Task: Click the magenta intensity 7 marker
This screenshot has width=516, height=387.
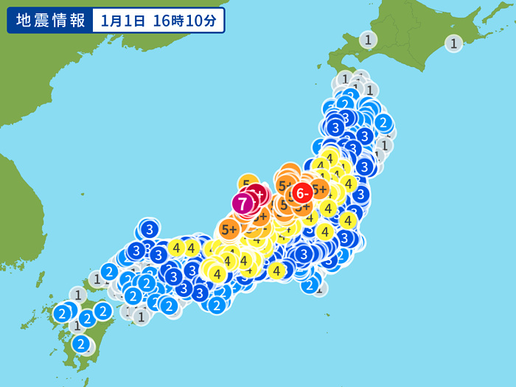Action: tap(243, 202)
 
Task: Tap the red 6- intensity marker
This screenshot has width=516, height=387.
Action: tap(301, 194)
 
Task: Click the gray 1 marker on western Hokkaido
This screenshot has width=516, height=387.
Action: tap(368, 40)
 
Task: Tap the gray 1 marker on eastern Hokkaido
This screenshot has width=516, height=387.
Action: tap(454, 43)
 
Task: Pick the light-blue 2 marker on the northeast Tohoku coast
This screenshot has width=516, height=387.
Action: tap(383, 122)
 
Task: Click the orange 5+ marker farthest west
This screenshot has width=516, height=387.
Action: tap(229, 229)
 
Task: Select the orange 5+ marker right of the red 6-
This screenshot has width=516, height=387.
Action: tap(319, 189)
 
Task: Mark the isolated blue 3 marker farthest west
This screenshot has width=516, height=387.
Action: tap(150, 229)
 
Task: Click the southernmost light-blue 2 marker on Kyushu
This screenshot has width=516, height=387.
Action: tap(81, 344)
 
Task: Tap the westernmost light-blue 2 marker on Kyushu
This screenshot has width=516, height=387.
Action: tap(62, 313)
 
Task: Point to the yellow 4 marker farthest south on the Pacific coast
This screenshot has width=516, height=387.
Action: tap(276, 271)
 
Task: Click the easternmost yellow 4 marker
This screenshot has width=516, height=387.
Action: tap(349, 220)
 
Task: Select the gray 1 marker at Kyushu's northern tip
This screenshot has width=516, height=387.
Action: tap(77, 295)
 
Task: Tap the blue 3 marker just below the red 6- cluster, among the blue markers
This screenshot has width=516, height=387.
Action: tap(304, 254)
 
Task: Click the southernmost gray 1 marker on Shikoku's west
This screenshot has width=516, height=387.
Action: tap(141, 316)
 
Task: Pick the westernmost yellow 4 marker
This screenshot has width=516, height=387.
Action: tap(175, 248)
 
